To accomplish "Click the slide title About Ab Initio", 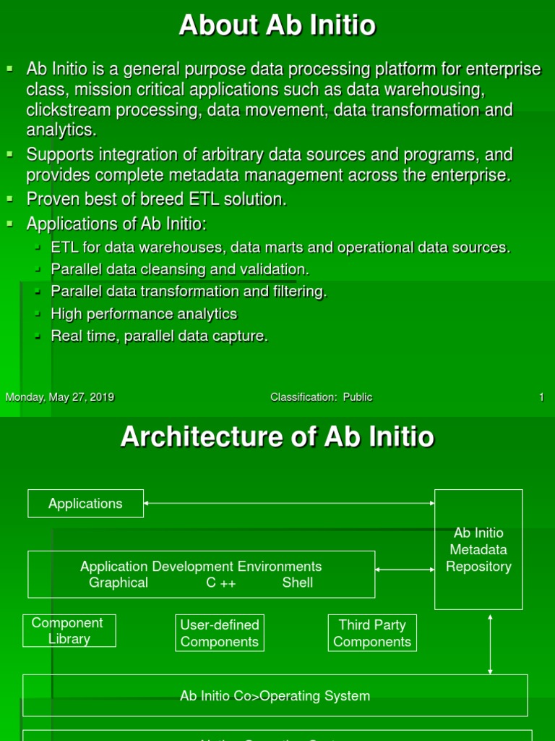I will [x=277, y=26].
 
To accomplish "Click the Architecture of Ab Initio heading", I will [x=277, y=437].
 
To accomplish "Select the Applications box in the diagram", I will [x=85, y=504].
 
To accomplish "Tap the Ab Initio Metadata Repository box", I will [x=478, y=550].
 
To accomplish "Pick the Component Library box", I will [x=69, y=631].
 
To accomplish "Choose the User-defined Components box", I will [x=220, y=633].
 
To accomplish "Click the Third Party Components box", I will [x=372, y=633].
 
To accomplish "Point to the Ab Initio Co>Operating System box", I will [x=275, y=696].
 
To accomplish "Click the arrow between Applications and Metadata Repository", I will [x=289, y=502].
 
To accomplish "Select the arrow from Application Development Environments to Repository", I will [x=405, y=569].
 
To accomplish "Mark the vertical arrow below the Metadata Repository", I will [x=491, y=644].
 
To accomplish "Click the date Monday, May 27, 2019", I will [x=60, y=397].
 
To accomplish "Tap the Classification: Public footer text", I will [x=322, y=397].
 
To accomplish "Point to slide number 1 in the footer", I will [x=541, y=397].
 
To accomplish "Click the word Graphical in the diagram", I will [x=119, y=583].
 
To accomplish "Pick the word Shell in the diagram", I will [x=298, y=583].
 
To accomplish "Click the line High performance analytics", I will [x=144, y=314].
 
